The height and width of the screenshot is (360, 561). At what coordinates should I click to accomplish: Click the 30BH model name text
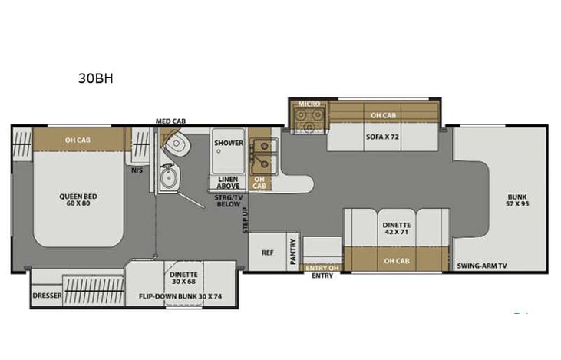pyautogui.click(x=96, y=78)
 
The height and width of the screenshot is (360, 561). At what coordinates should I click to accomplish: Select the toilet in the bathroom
pyautogui.click(x=174, y=143)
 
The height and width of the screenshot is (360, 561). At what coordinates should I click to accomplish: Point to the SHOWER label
pyautogui.click(x=228, y=143)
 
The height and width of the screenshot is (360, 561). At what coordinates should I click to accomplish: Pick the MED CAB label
pyautogui.click(x=170, y=121)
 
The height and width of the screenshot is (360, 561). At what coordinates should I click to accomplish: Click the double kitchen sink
pyautogui.click(x=263, y=154)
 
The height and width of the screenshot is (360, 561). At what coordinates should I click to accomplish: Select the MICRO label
pyautogui.click(x=309, y=104)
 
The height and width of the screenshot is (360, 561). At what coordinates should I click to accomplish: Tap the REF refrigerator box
pyautogui.click(x=268, y=252)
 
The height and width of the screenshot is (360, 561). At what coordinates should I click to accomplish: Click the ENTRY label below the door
pyautogui.click(x=322, y=276)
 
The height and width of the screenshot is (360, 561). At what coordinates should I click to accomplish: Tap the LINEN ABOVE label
pyautogui.click(x=229, y=181)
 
